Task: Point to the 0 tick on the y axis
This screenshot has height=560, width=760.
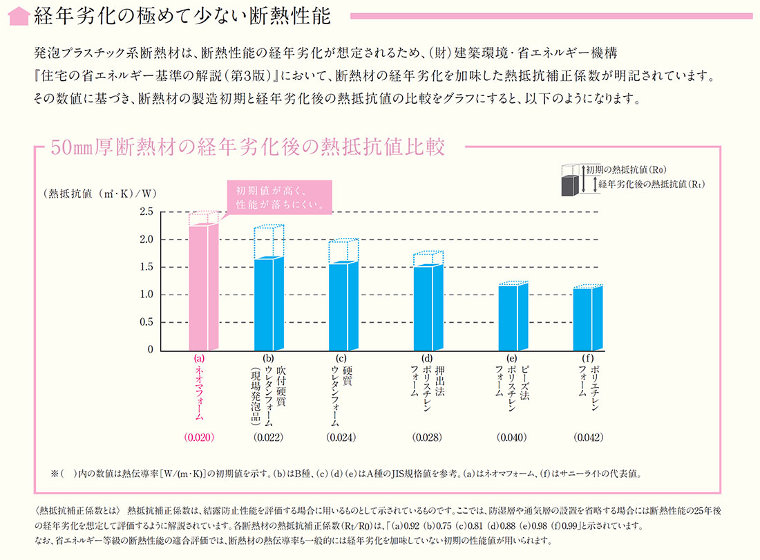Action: (x=149, y=350)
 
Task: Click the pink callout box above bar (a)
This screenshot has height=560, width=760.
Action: (x=278, y=197)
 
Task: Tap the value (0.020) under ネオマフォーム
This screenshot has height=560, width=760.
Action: (x=200, y=438)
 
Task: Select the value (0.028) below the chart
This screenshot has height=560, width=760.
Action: (x=427, y=438)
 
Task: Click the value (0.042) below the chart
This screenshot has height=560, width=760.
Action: (x=589, y=438)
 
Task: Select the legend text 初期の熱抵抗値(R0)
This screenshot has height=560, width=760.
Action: (x=625, y=169)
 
